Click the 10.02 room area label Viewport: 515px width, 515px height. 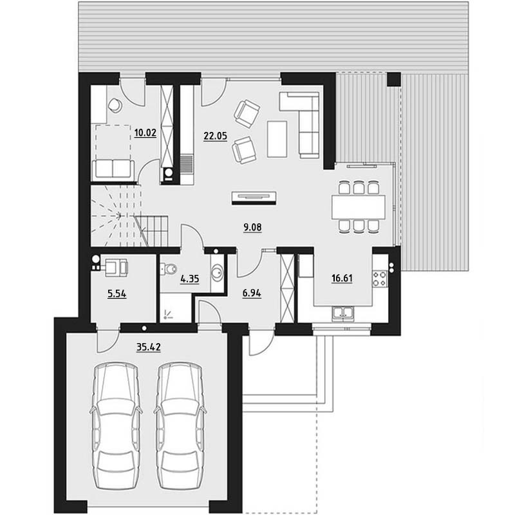(145, 133)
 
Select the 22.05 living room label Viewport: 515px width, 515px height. (215, 136)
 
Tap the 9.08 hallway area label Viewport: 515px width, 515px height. (252, 227)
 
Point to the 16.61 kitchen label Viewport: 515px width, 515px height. (342, 278)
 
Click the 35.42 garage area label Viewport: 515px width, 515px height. (149, 347)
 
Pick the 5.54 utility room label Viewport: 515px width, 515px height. (117, 294)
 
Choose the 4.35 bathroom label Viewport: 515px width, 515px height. (190, 279)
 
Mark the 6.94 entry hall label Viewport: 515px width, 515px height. (252, 293)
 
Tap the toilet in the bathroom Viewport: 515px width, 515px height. (169, 269)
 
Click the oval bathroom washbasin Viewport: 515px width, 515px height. (217, 273)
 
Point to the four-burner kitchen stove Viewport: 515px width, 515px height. (380, 279)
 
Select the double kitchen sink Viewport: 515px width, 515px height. (342, 312)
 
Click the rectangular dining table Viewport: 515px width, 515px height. (358, 207)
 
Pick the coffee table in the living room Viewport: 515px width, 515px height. (277, 139)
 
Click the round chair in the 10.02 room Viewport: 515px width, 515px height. (115, 105)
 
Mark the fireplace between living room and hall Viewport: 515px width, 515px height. (254, 198)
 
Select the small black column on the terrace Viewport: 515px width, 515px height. (393, 79)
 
